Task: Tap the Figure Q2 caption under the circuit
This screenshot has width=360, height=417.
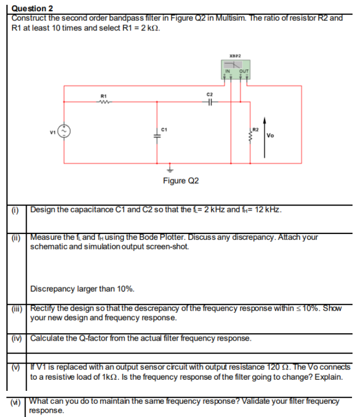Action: pos(180,180)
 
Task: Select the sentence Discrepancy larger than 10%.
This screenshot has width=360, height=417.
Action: pos(82,289)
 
